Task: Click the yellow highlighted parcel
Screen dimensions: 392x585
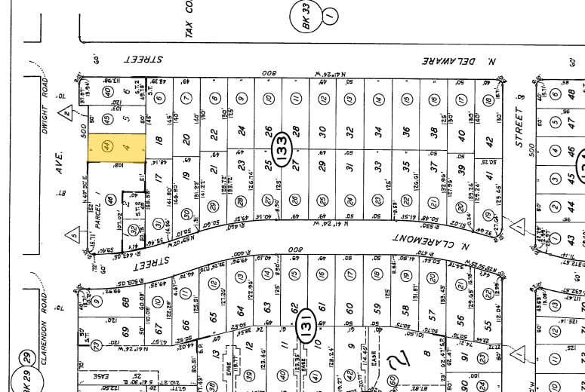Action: point(117,149)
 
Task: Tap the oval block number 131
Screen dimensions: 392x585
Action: point(306,317)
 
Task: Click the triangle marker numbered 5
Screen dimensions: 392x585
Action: point(74,234)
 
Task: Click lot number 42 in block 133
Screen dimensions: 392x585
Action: point(488,140)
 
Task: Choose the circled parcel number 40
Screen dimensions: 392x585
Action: point(107,93)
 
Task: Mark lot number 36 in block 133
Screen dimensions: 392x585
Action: point(406,130)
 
